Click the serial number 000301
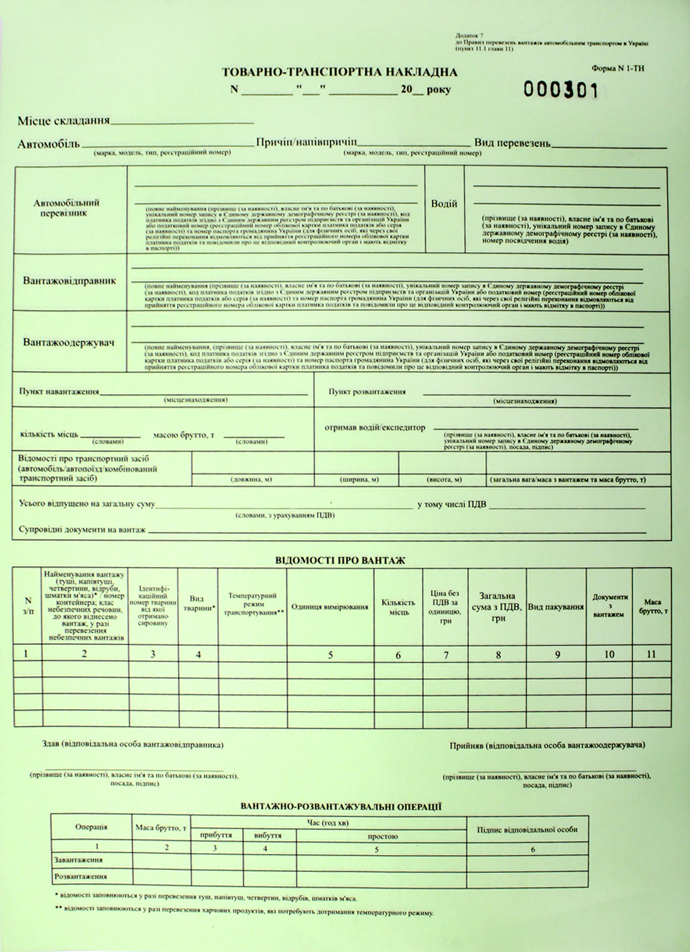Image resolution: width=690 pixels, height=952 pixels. tap(560, 90)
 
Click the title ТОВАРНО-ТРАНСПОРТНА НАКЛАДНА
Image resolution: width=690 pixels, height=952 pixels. tap(339, 72)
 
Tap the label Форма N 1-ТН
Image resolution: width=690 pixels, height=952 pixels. tap(618, 69)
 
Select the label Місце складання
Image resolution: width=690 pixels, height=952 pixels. tap(63, 121)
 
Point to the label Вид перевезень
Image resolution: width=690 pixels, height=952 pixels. tap(512, 143)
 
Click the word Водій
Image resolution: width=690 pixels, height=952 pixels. tap(444, 204)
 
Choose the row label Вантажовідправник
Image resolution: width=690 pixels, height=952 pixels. tap(69, 281)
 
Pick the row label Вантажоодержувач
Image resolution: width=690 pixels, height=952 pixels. tap(68, 342)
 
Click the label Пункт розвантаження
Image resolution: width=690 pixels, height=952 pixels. tap(367, 391)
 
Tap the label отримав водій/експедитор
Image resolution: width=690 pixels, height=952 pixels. tap(375, 428)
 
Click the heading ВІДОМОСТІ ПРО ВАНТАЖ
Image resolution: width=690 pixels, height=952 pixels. tap(339, 561)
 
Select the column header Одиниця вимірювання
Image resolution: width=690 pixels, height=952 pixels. tap(330, 607)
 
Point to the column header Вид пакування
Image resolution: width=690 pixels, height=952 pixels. tap(556, 607)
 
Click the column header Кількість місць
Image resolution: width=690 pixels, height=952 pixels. tap(398, 607)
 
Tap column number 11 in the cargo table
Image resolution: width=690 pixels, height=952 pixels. tap(651, 653)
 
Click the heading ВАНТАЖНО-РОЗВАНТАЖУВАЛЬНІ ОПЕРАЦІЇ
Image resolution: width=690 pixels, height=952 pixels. tap(341, 806)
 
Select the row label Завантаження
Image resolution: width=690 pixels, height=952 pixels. tap(78, 860)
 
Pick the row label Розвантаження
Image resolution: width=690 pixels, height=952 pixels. tap(80, 876)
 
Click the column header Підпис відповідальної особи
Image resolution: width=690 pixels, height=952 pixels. tap(527, 829)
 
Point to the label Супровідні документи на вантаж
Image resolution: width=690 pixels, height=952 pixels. tap(82, 529)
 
